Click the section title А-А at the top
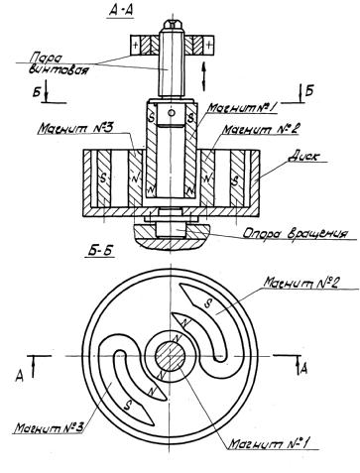[121, 11]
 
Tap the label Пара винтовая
[59, 64]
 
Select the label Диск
[303, 157]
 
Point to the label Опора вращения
[296, 233]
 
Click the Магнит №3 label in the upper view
[75, 128]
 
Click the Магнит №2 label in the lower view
[300, 284]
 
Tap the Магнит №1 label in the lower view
[269, 443]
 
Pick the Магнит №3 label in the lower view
[50, 427]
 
